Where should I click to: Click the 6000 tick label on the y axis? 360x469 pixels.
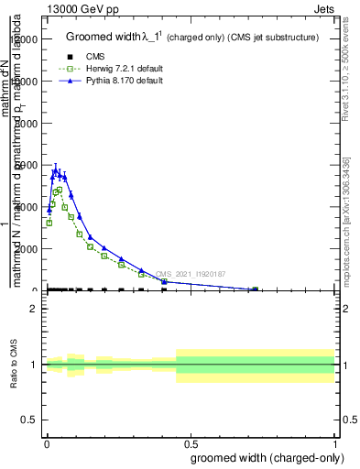click(27, 165)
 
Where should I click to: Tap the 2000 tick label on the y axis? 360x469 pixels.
click(27, 248)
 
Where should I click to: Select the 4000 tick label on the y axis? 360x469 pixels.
click(27, 207)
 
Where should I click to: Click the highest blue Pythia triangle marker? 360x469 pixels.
click(56, 170)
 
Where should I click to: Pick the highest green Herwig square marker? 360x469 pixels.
click(60, 190)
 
